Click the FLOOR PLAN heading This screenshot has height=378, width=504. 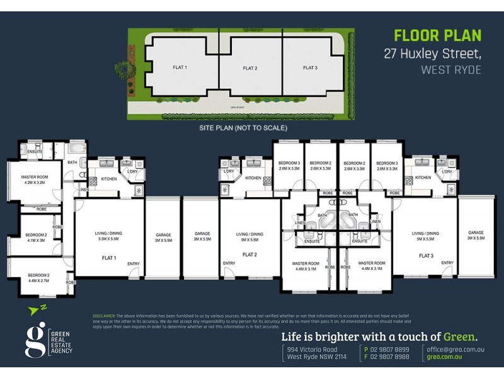click(x=437, y=36)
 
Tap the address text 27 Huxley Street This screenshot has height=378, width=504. click(x=432, y=54)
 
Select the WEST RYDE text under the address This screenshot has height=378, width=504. click(x=450, y=70)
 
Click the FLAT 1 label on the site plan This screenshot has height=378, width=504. click(x=180, y=67)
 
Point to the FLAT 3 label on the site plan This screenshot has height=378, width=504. click(x=310, y=67)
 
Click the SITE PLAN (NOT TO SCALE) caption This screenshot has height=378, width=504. click(x=243, y=128)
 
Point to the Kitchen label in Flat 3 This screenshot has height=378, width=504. click(x=423, y=178)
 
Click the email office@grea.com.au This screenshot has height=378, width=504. click(x=455, y=350)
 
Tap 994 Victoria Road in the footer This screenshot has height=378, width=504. click(x=312, y=350)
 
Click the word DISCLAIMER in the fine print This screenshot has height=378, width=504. click(x=103, y=315)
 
